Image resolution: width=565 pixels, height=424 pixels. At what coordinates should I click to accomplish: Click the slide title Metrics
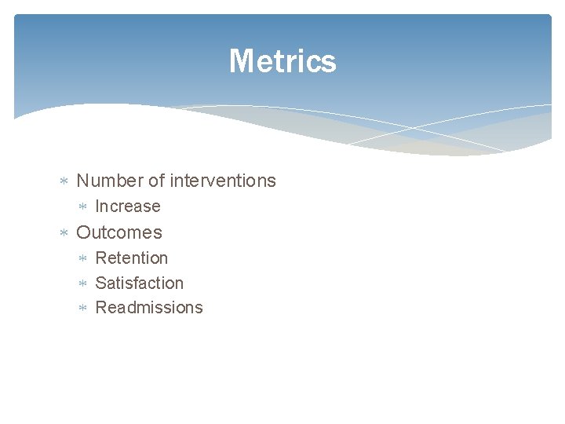click(282, 61)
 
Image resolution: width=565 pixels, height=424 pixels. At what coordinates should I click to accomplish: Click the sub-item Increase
click(127, 207)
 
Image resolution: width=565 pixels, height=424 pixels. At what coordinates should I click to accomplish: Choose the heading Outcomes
click(119, 232)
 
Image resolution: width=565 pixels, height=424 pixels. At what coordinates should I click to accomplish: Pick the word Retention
click(131, 258)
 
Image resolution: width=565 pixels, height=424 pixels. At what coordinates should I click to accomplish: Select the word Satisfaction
click(139, 283)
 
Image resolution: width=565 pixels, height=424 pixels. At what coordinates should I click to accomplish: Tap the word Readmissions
click(148, 308)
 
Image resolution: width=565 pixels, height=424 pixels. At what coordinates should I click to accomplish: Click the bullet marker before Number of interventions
click(64, 181)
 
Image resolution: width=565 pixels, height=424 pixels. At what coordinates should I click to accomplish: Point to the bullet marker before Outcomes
click(64, 233)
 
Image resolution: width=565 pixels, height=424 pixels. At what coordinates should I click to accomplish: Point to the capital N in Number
click(83, 181)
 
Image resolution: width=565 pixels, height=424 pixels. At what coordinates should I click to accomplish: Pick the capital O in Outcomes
click(84, 232)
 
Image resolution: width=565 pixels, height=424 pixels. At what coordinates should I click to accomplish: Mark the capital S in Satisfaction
click(100, 283)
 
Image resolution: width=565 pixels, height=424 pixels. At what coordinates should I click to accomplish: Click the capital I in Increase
click(97, 207)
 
